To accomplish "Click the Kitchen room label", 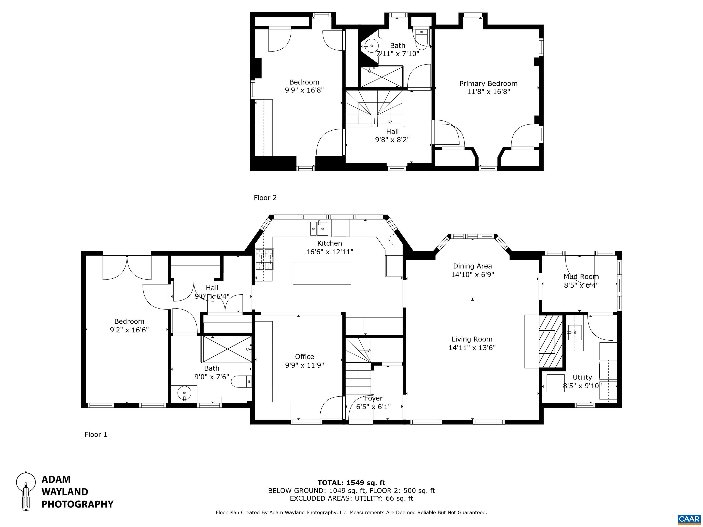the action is click(330, 243).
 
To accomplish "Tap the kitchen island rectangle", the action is click(322, 274).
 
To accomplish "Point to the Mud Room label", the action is click(581, 277).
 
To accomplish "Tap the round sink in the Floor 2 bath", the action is click(371, 46).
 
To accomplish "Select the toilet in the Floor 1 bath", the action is click(241, 382).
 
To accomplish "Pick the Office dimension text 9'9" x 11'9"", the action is click(304, 365).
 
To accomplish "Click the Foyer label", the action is click(373, 398).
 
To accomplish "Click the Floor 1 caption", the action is click(96, 435).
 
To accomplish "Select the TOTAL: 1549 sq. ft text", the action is click(351, 483).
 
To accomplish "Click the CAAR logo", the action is click(689, 519).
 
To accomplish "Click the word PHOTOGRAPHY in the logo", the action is click(78, 504).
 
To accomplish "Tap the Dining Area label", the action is click(472, 266).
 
